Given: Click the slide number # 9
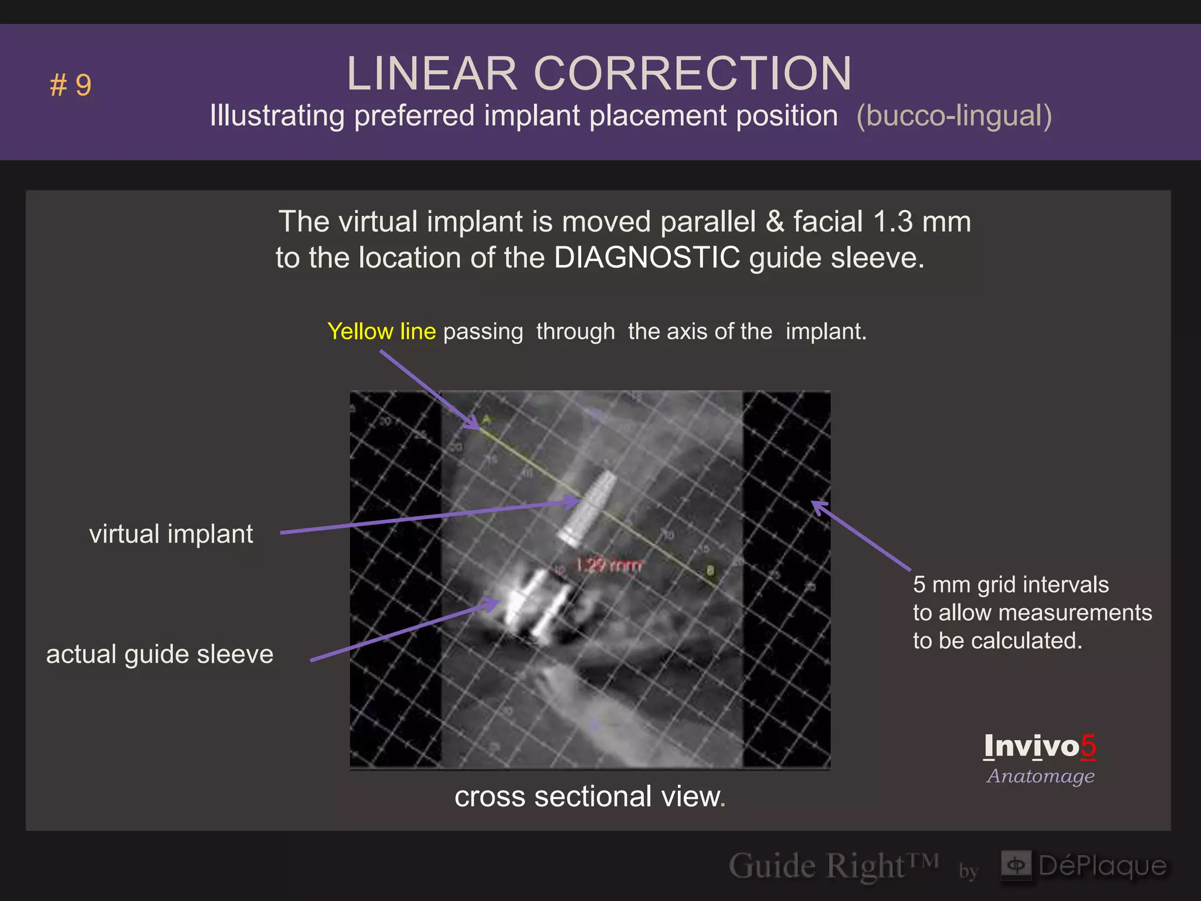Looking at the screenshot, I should pyautogui.click(x=71, y=85).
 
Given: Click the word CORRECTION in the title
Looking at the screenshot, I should pyautogui.click(x=692, y=74).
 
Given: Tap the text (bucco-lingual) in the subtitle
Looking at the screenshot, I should pyautogui.click(x=954, y=116).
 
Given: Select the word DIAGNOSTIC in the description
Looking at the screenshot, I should pyautogui.click(x=647, y=258).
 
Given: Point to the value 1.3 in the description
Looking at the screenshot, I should pyautogui.click(x=893, y=222).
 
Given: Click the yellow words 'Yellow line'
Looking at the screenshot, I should pyautogui.click(x=382, y=331).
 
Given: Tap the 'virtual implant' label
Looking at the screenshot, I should pyautogui.click(x=171, y=534).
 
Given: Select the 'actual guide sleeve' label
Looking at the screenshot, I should pyautogui.click(x=160, y=654).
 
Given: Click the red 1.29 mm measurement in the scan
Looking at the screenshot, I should pyautogui.click(x=609, y=565).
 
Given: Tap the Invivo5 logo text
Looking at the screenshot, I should pyautogui.click(x=1040, y=746).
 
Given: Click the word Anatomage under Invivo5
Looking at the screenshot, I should pyautogui.click(x=1040, y=776).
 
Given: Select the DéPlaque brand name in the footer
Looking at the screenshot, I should pyautogui.click(x=1102, y=866).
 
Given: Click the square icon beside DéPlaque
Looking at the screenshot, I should pyautogui.click(x=1016, y=865).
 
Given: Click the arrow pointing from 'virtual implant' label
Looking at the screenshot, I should pyautogui.click(x=428, y=517).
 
